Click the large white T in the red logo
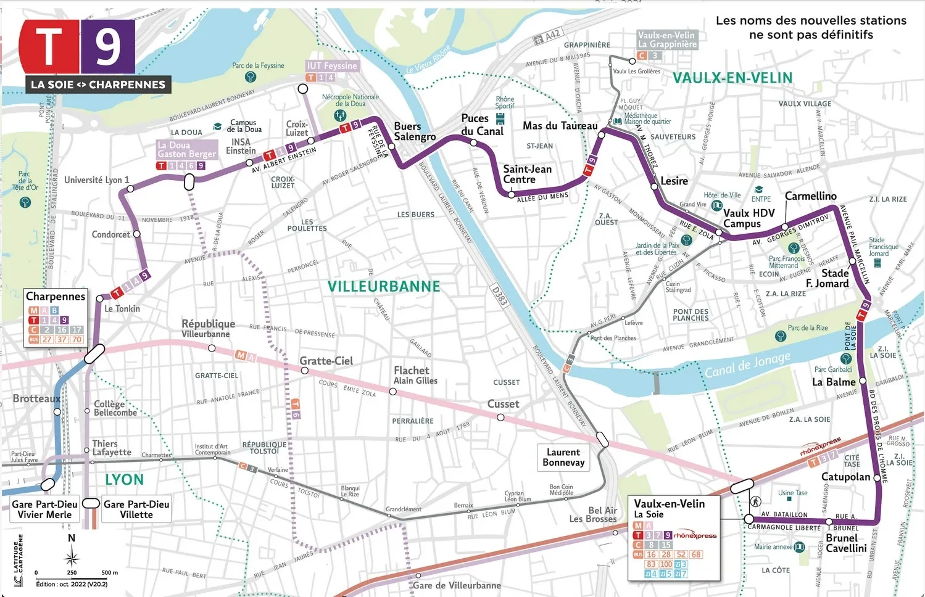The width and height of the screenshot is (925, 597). (49, 47)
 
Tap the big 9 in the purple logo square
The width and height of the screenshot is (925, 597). (108, 47)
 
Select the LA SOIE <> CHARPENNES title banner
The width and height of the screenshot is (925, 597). (98, 84)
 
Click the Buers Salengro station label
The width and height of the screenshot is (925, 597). (415, 131)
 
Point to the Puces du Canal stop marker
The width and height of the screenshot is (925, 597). (473, 142)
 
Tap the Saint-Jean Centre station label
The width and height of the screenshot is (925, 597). (527, 174)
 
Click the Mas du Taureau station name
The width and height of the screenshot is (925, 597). (560, 126)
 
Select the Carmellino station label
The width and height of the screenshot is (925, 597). (810, 196)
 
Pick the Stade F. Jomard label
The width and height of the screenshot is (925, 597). (828, 278)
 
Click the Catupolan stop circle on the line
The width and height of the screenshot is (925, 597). (877, 477)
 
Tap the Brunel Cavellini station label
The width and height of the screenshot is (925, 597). (846, 543)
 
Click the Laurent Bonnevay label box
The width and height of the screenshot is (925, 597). (563, 458)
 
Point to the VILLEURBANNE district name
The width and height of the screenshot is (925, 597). (383, 287)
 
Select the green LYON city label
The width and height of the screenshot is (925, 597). (124, 480)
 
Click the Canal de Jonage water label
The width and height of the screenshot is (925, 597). (747, 364)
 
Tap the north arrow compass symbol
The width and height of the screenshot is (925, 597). (72, 559)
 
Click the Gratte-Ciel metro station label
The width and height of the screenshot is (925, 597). (326, 361)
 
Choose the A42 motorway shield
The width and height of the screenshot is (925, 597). (547, 37)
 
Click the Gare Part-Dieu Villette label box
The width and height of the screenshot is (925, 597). (136, 509)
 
